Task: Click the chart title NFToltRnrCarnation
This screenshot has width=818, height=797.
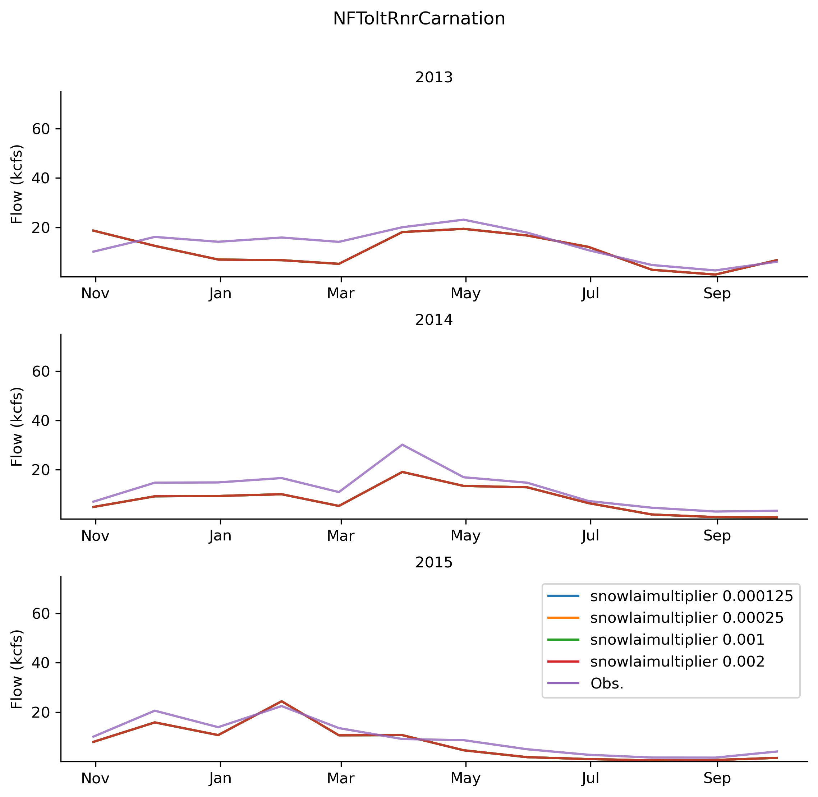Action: coord(419,19)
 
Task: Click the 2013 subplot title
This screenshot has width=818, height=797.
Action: coord(434,78)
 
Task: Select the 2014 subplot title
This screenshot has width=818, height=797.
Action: coord(434,320)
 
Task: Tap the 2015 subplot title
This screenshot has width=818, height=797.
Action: coord(434,563)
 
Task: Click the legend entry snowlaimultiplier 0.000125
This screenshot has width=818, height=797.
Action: coord(691,596)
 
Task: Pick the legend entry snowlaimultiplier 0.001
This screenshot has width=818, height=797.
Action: coord(677,640)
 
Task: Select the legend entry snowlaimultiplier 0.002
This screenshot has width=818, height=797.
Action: coord(677,662)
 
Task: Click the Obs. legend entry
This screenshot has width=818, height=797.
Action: coord(607,683)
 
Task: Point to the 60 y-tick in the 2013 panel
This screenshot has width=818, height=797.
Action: coord(41,129)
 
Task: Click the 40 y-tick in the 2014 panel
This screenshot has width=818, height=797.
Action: coord(41,421)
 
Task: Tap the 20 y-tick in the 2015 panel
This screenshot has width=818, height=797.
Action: coord(41,713)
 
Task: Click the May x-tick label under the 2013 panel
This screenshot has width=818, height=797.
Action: coord(465,294)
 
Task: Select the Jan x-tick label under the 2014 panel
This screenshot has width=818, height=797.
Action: coord(220,536)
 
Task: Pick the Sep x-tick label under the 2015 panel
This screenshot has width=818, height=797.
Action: coord(717,779)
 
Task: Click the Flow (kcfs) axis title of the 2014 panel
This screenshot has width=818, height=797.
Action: coord(17,427)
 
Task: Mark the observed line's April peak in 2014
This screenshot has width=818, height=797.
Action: coord(402,444)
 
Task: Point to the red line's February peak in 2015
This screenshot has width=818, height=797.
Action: coord(282,701)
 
